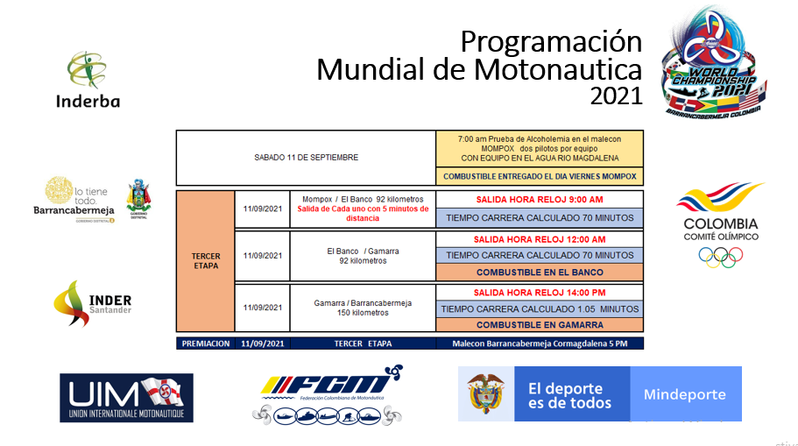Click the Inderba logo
88,79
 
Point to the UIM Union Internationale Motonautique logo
126,397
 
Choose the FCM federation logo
328,393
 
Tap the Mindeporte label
684,394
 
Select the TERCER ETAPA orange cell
206,261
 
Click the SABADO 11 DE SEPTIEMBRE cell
306,158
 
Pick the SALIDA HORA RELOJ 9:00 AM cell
540,199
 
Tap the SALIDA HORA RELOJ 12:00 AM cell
540,239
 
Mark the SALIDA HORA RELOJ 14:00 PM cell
540,292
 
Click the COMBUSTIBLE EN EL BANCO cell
540,273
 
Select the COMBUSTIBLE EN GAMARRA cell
540,325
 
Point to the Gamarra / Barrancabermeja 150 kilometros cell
363,308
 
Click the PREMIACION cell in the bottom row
207,343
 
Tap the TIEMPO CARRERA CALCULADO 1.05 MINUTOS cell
540,308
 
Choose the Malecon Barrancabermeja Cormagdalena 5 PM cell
540,343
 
